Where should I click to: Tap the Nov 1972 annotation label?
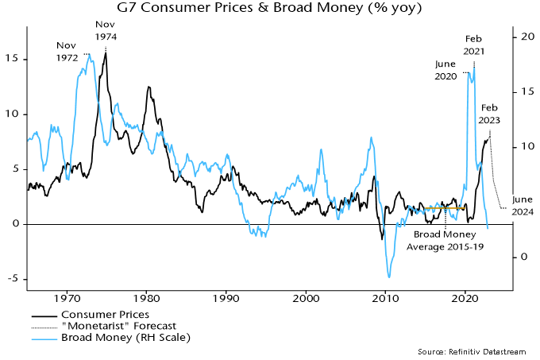pos(67,52)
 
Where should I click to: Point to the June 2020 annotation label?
pos(450,70)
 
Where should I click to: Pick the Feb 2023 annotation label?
pos(490,114)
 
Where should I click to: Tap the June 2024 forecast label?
pos(523,206)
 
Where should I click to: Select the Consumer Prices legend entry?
pos(110,315)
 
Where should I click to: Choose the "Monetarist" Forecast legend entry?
pos(119,327)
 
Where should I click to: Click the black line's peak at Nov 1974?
pos(106,53)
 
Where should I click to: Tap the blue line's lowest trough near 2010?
pos(389,277)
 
